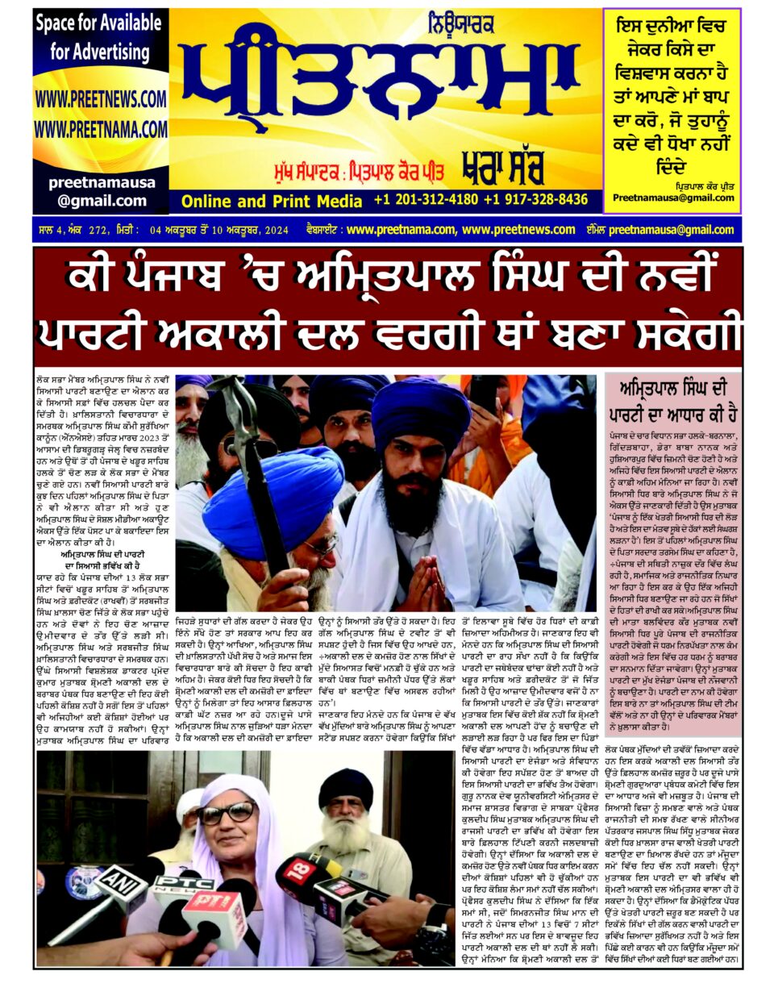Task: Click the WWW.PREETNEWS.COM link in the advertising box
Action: click(100, 99)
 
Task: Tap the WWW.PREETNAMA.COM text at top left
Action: click(100, 129)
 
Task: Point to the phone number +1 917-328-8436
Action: click(535, 200)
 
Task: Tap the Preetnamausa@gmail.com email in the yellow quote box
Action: click(673, 198)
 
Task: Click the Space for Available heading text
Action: click(98, 23)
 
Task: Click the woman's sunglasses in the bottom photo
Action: click(228, 813)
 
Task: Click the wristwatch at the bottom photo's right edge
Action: click(426, 935)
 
